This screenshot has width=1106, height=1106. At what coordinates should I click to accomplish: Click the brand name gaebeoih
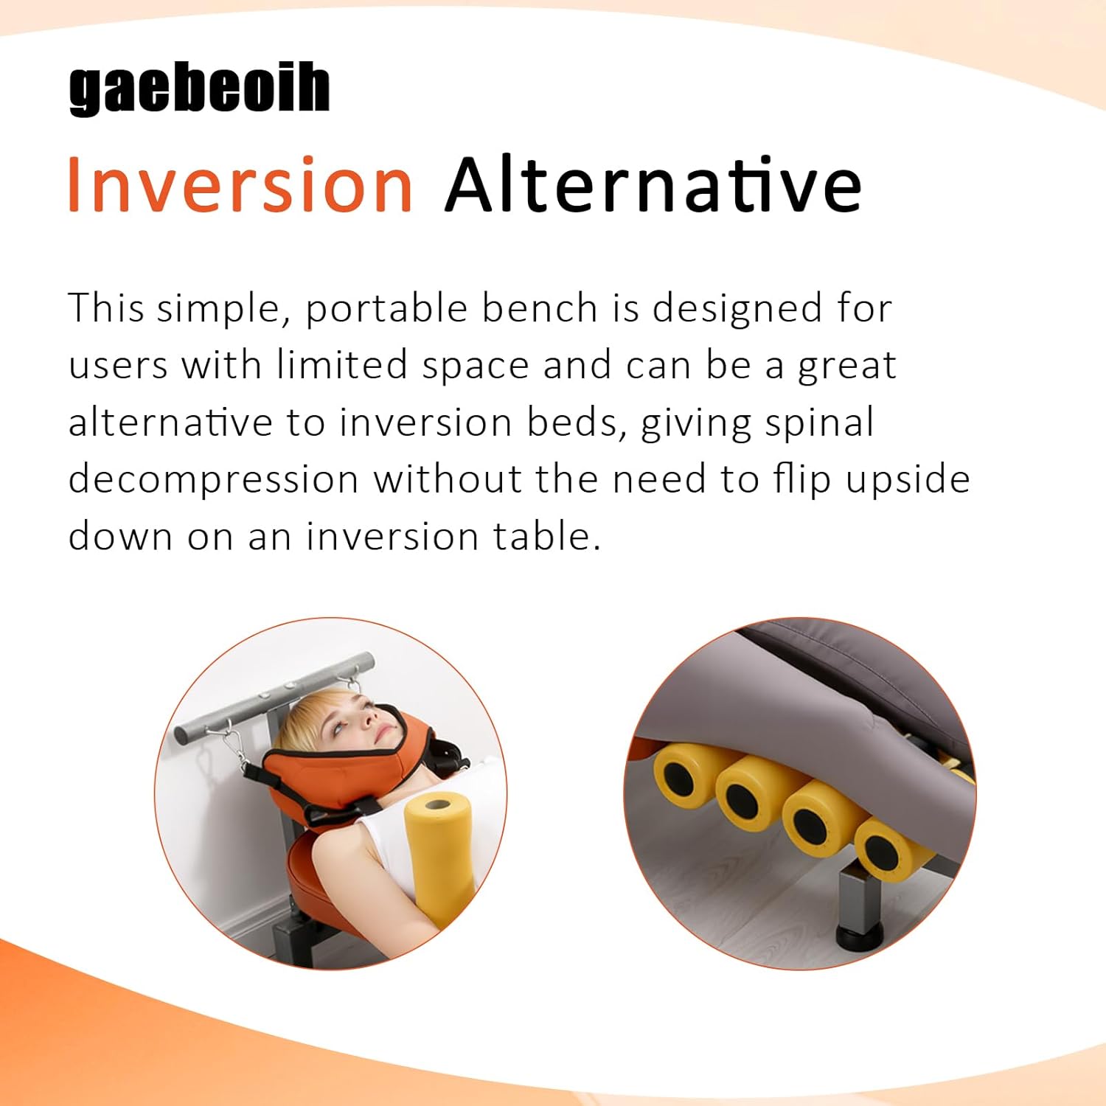point(199,90)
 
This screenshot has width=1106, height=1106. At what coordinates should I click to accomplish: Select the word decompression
point(214,481)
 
